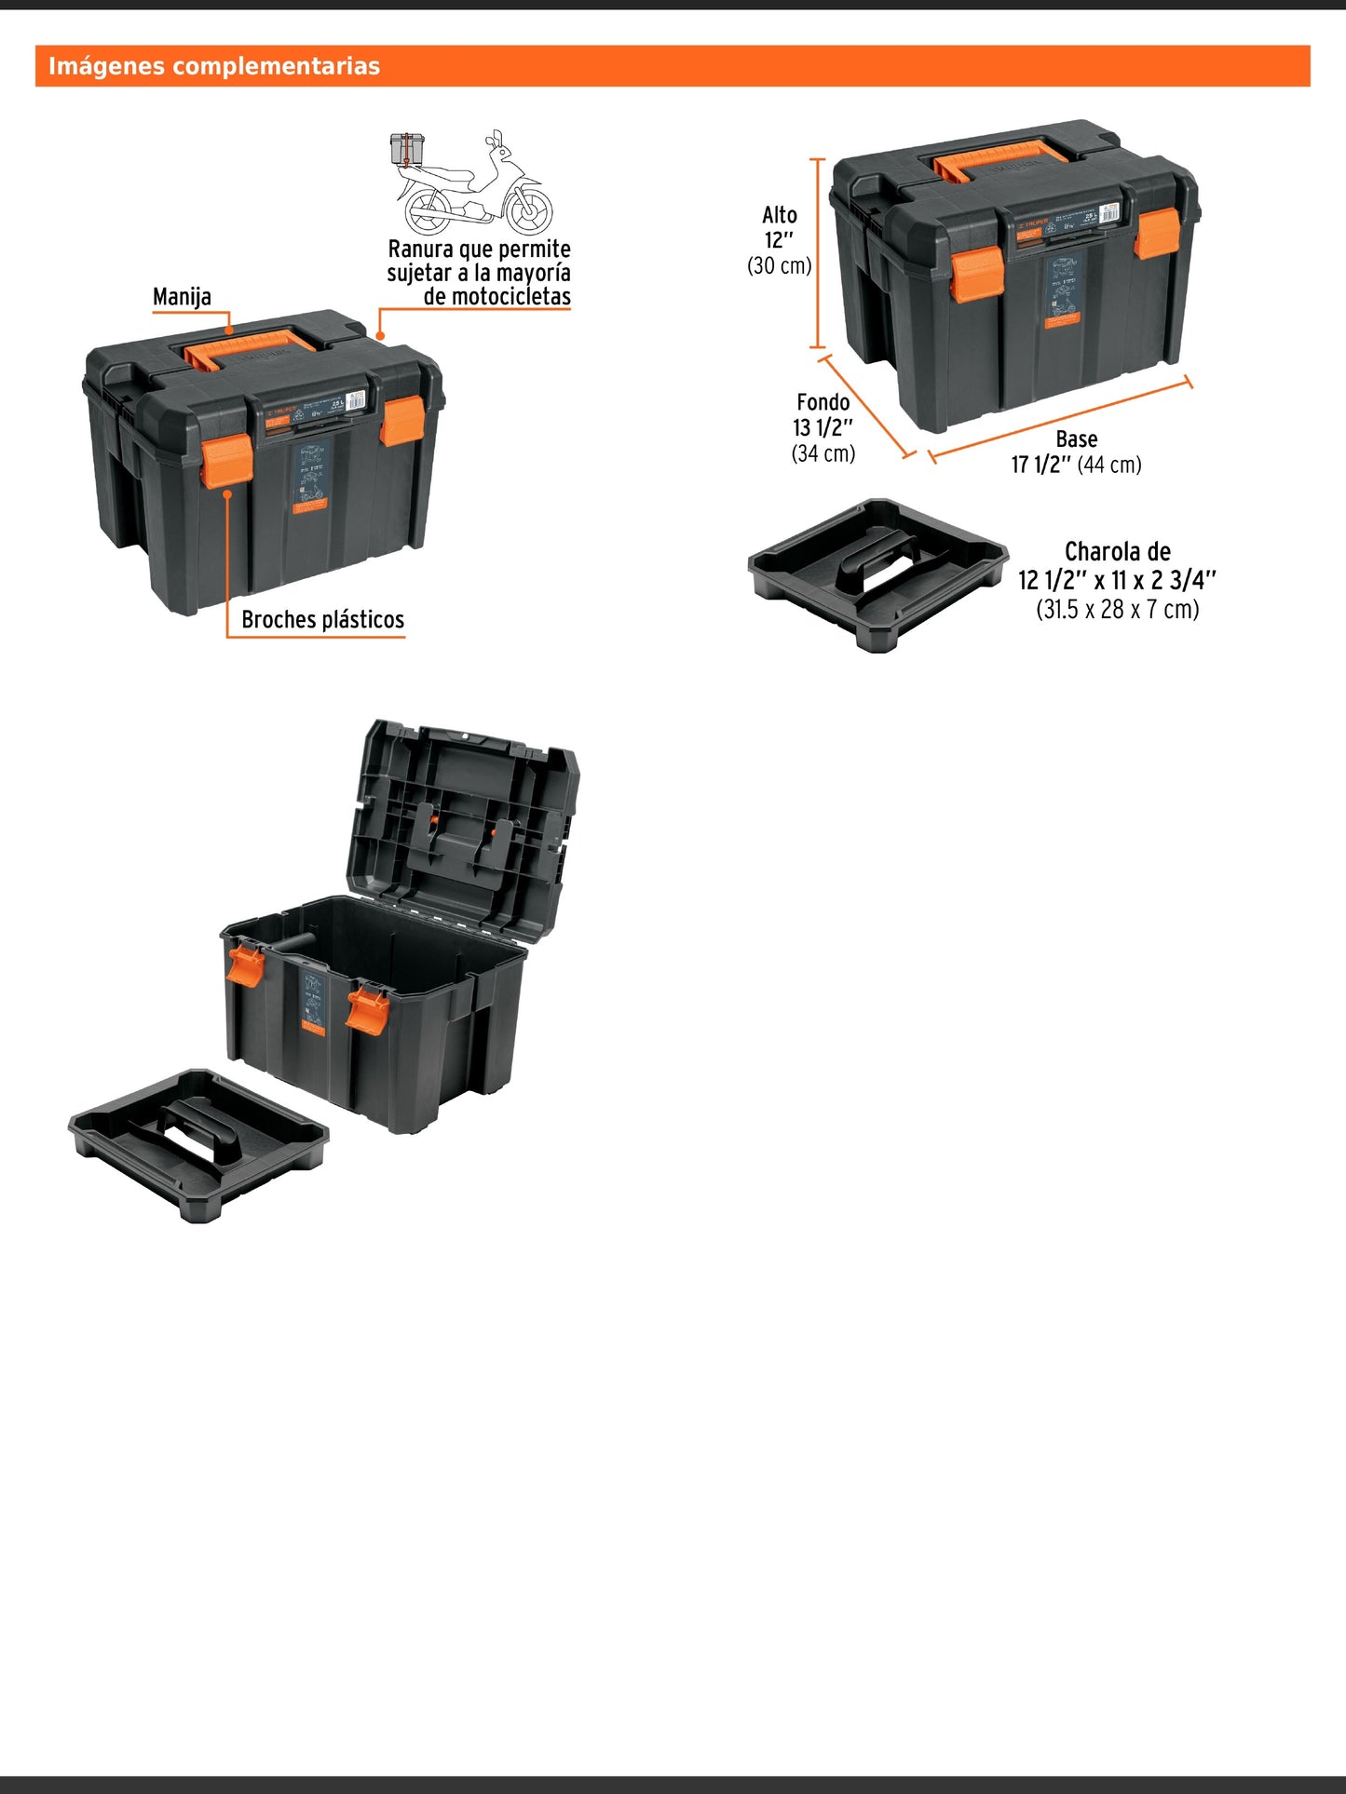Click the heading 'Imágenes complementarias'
[214, 66]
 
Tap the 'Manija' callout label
[182, 297]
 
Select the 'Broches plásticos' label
[322, 620]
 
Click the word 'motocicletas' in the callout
[510, 297]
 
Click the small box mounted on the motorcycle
[407, 148]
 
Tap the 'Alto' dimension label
[780, 215]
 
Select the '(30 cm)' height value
[780, 266]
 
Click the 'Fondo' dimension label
[823, 402]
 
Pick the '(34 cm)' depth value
[823, 453]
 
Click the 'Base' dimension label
[1076, 439]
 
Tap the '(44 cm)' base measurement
[1109, 465]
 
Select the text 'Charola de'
[1117, 551]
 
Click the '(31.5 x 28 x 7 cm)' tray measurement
[1117, 610]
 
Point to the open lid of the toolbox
[463, 825]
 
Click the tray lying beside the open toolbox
[198, 1142]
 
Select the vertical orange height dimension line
[818, 253]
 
